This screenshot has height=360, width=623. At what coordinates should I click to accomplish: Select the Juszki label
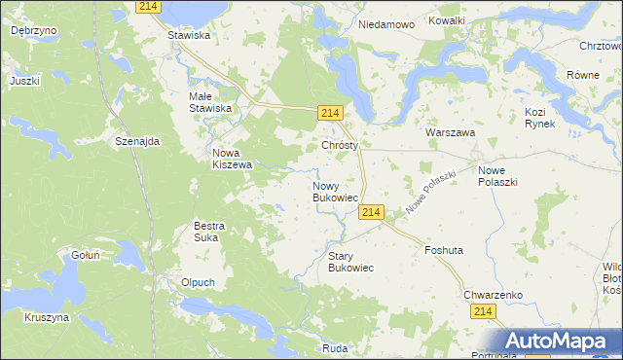(x=25, y=81)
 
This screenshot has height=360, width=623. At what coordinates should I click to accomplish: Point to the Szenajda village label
(x=136, y=141)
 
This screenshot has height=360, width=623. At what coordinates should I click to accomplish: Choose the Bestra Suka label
(x=209, y=232)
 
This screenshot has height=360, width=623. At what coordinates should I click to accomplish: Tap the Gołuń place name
(x=88, y=255)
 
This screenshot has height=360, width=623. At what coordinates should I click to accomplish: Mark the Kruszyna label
(x=47, y=317)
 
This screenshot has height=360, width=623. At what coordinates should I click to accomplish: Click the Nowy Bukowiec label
(x=337, y=192)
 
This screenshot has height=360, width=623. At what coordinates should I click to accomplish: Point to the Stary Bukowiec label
(x=350, y=261)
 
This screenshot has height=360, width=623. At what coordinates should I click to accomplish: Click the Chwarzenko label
(x=494, y=293)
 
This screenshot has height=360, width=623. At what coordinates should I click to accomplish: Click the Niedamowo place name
(x=385, y=23)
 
